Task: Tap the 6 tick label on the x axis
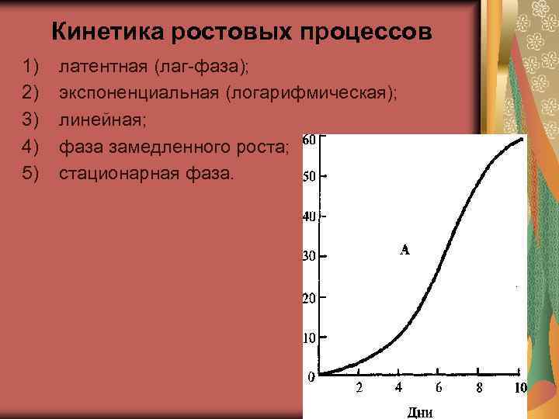pos(438,387)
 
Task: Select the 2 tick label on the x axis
pos(359,387)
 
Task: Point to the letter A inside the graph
pos(404,250)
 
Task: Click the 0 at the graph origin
pos(311,378)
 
